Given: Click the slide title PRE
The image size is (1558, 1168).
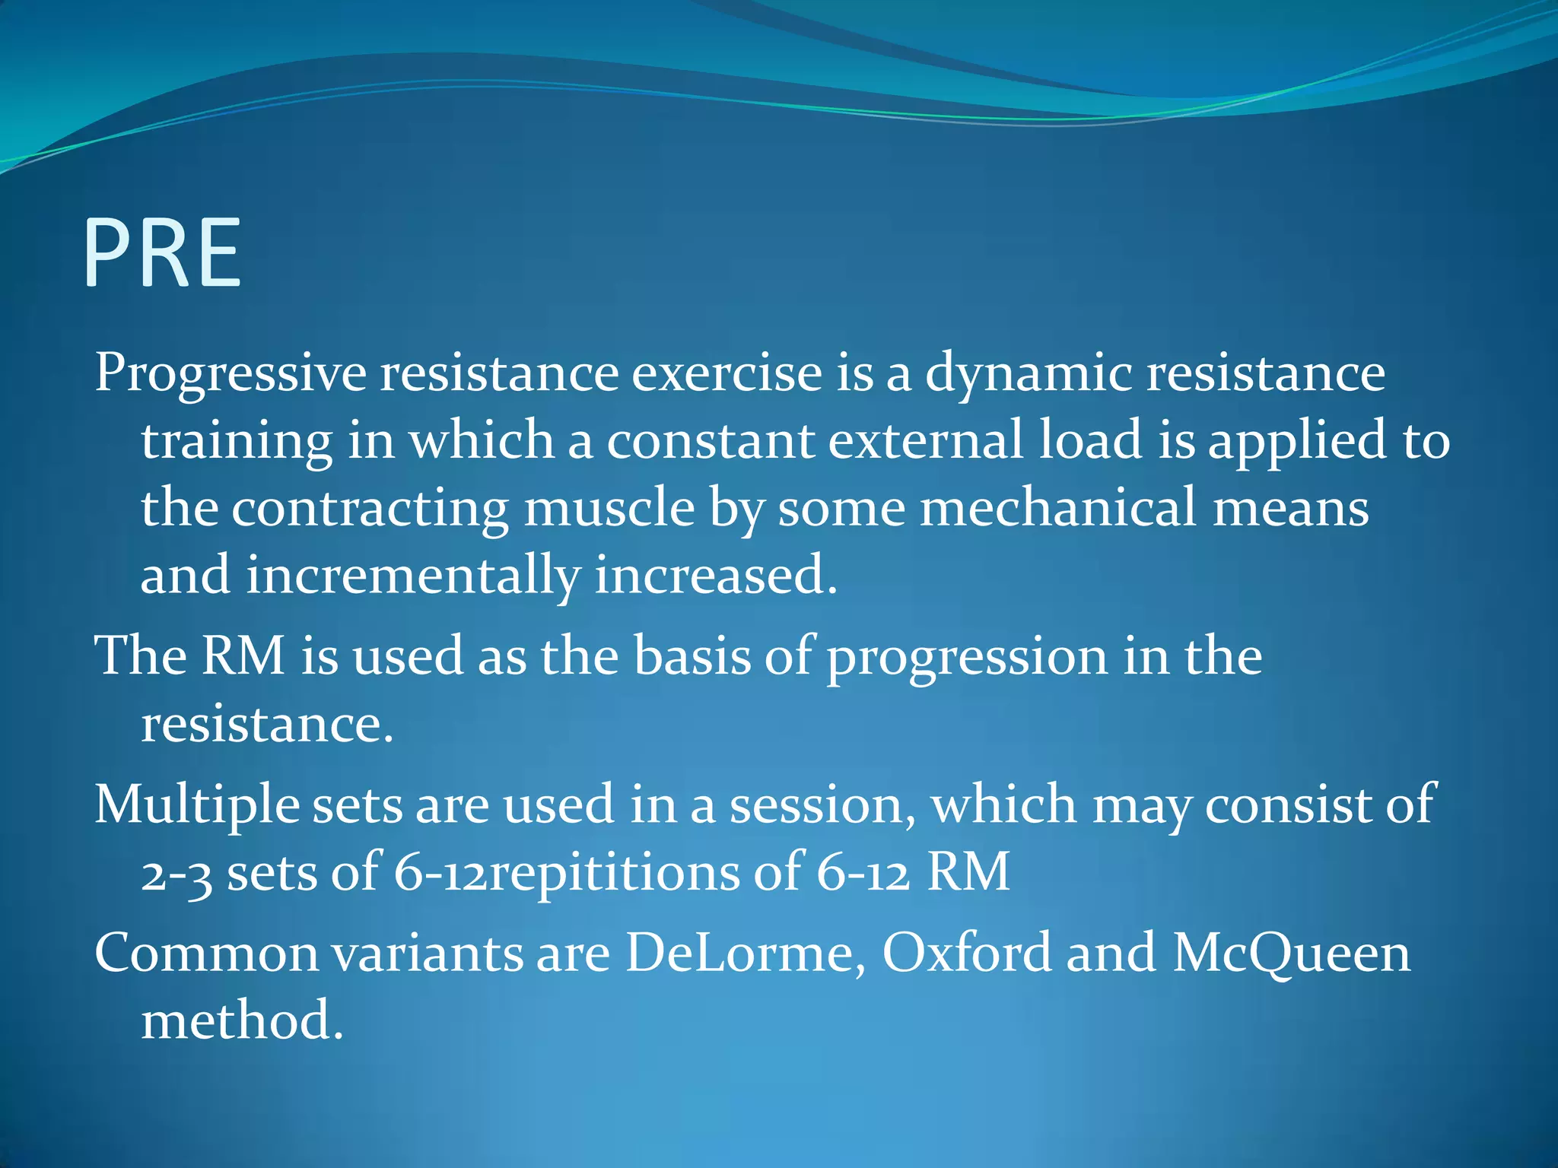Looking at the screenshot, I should [x=162, y=253].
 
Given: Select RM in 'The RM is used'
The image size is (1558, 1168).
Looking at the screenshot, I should [x=243, y=655].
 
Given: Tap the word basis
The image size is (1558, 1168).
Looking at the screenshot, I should [x=692, y=655].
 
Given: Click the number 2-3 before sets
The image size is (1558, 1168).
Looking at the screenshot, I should [x=176, y=873].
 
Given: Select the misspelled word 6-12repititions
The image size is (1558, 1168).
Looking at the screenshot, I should [x=566, y=873].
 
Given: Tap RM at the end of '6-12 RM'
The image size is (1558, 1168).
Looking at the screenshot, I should [x=968, y=871].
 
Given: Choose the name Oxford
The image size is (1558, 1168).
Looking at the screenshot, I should [x=966, y=954].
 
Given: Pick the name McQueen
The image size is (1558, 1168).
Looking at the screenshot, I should [x=1291, y=954].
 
